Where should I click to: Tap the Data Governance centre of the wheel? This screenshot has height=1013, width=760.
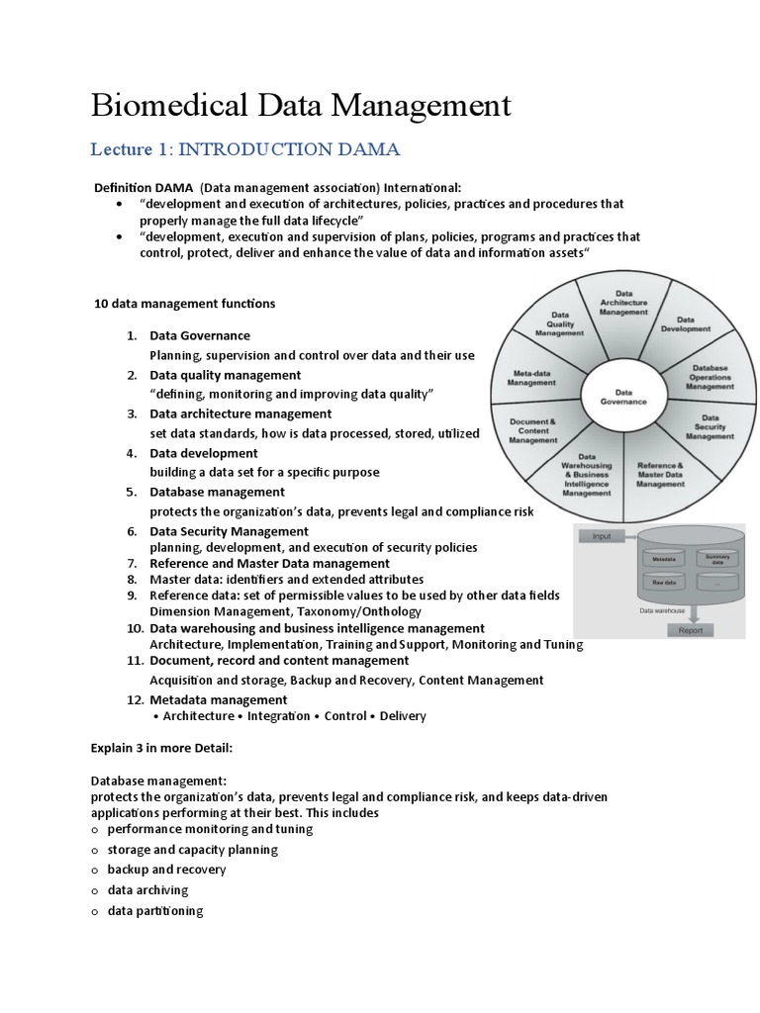coord(624,397)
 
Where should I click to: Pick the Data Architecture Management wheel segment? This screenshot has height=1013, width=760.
coord(624,304)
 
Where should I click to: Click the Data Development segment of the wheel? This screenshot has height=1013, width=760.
coord(686,323)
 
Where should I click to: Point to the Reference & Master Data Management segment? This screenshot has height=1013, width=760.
coord(660,474)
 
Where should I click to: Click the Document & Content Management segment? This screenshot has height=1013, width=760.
coord(533,430)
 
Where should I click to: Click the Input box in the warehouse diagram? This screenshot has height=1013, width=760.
coord(602,536)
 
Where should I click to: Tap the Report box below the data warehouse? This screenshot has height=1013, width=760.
coord(691,629)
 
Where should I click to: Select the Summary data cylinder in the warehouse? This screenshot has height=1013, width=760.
coord(716,559)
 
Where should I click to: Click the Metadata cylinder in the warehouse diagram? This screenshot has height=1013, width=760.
coord(664,559)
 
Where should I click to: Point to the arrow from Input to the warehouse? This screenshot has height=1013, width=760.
coord(634,536)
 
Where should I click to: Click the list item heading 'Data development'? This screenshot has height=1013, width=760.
coord(203,453)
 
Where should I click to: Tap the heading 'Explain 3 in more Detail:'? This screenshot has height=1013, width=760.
coord(162,747)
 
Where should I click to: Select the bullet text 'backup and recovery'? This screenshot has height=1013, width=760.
coord(166,870)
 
